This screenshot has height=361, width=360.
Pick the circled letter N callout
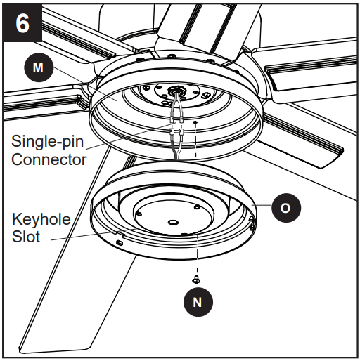coord(198,302)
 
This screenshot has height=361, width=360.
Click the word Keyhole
coord(41,220)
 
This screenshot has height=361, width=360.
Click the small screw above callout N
coord(198,280)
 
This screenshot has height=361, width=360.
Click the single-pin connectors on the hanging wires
coord(176,131)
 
